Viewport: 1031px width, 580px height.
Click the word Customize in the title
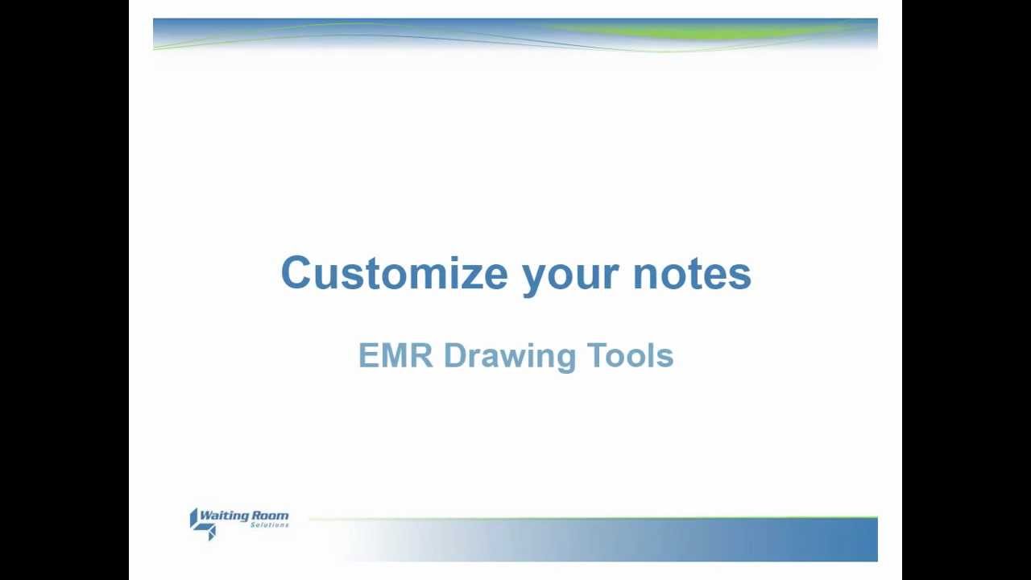pyautogui.click(x=394, y=273)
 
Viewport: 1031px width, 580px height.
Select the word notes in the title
pyautogui.click(x=692, y=273)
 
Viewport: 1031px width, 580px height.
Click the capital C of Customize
pyautogui.click(x=296, y=273)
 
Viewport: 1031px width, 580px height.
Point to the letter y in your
pyautogui.click(x=534, y=278)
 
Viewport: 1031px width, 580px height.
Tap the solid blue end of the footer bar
pyautogui.click(x=854, y=540)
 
